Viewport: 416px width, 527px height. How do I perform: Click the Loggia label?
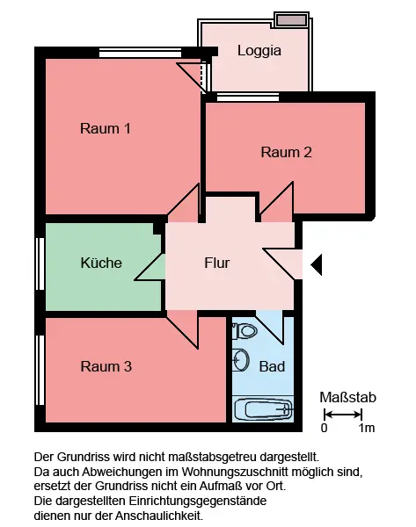point(259,51)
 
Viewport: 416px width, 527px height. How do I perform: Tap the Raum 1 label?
point(106,129)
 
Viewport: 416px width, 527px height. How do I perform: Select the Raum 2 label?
point(287,152)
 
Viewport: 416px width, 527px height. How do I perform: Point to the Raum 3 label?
point(106,366)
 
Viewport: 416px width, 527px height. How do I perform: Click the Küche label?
point(101,263)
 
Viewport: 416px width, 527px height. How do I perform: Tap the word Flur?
point(217,263)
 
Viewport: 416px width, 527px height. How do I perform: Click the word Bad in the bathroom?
point(272,366)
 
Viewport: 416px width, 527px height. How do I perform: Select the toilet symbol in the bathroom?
point(244,331)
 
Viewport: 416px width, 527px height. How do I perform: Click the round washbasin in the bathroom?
point(241,360)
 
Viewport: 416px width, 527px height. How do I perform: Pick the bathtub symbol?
point(263,409)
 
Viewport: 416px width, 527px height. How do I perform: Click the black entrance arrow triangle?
point(316,265)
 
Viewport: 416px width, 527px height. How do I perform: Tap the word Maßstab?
point(347,397)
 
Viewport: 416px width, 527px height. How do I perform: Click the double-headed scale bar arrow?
point(343,415)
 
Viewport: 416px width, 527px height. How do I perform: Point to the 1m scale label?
point(367,429)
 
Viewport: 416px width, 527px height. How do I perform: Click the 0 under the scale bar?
point(324,429)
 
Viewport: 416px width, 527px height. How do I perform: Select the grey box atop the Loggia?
point(291,20)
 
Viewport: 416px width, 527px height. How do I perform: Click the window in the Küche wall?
point(40,263)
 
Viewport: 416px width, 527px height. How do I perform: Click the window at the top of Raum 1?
point(141,53)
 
